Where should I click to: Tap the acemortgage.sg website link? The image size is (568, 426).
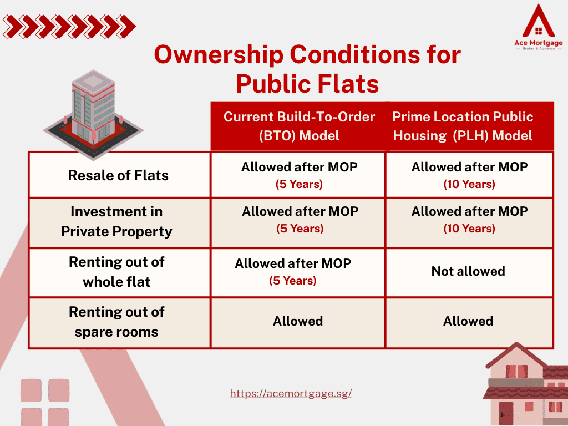click(291, 393)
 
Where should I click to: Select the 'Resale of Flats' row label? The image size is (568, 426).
click(119, 175)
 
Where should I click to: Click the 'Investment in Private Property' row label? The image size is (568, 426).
click(116, 221)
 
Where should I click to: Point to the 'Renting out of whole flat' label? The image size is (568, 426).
click(116, 272)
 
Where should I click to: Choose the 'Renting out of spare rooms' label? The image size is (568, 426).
click(116, 322)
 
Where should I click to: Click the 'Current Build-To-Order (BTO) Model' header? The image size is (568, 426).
click(299, 126)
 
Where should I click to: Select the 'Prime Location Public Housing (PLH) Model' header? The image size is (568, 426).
click(463, 126)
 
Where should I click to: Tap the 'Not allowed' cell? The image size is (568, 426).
click(468, 271)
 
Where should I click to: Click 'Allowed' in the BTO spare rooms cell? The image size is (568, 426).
click(298, 321)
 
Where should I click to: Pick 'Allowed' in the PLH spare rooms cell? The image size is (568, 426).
click(468, 321)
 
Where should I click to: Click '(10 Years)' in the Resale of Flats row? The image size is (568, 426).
click(469, 184)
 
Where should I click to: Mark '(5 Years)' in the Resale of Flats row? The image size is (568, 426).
click(299, 184)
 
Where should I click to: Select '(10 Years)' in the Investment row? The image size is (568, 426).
click(469, 229)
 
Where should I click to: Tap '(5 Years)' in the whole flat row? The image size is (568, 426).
click(293, 281)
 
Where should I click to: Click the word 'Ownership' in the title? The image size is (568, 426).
click(219, 55)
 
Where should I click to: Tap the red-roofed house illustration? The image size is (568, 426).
click(526, 384)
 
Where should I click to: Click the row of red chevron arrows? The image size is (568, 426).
click(69, 27)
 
